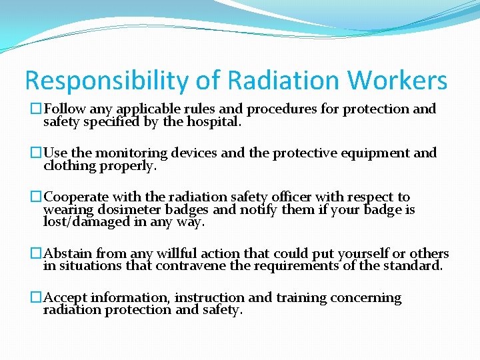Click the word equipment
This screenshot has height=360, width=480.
point(374,153)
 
